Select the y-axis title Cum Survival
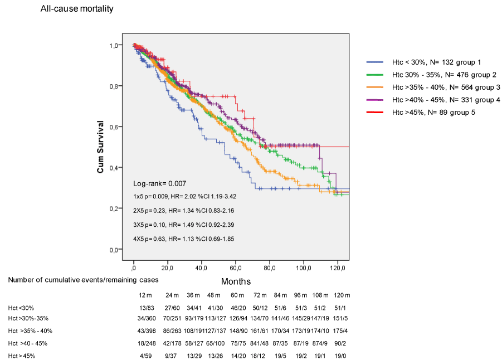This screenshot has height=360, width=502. pyautogui.click(x=100, y=147)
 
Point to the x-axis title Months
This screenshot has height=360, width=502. pyautogui.click(x=236, y=281)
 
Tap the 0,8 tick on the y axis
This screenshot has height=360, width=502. pyautogui.click(x=115, y=86)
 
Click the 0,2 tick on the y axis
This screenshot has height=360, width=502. pyautogui.click(x=115, y=208)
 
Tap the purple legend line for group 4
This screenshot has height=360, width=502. pyautogui.click(x=374, y=100)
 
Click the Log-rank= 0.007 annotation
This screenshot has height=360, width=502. pyautogui.click(x=160, y=183)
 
